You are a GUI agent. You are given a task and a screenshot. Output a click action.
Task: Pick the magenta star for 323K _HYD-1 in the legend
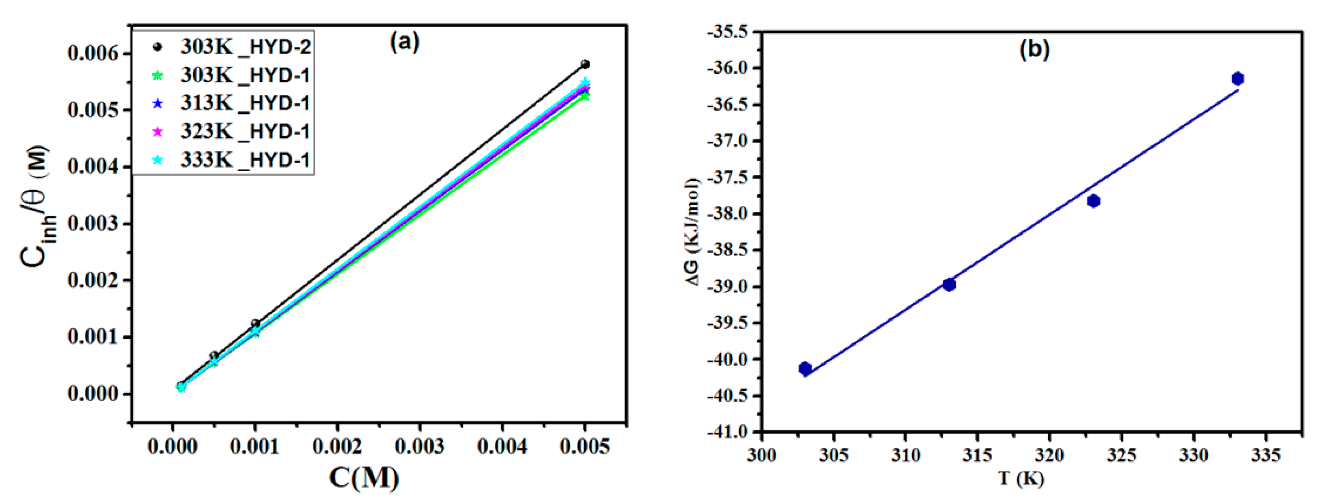158,132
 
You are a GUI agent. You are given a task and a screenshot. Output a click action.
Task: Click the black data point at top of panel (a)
585,64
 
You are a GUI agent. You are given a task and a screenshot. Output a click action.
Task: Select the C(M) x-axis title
364,478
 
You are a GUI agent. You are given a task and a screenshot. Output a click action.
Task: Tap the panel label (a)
404,42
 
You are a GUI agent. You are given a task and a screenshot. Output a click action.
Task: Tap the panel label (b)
1034,49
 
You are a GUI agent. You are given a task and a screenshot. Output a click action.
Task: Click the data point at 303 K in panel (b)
805,368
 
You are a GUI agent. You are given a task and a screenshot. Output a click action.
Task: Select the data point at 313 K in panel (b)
949,285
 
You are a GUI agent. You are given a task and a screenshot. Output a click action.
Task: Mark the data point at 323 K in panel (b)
1094,201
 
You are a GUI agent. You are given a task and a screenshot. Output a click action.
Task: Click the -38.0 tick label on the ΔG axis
727,214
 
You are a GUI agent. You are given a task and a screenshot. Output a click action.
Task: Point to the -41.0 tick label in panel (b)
727,432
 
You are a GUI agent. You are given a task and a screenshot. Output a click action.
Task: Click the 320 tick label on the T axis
1049,455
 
